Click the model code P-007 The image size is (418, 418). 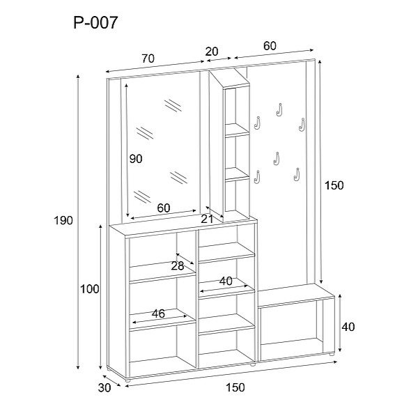click(95, 23)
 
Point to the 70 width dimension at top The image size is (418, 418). click(147, 59)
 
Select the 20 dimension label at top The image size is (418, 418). click(212, 51)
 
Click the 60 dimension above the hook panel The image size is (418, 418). click(270, 46)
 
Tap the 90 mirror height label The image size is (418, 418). click(136, 159)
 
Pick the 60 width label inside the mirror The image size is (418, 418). click(164, 208)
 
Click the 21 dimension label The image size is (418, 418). click(207, 219)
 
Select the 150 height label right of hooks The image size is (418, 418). click(335, 185)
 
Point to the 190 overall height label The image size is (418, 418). click(63, 220)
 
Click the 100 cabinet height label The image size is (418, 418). click(90, 289)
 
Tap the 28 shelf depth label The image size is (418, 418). click(177, 265)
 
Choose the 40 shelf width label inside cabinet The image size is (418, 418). click(225, 281)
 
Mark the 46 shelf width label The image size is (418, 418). click(158, 313)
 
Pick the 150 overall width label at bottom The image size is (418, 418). click(235, 388)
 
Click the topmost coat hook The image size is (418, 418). click(279, 109)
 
